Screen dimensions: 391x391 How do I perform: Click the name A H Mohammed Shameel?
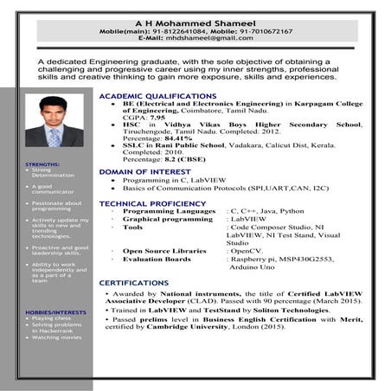[195, 22]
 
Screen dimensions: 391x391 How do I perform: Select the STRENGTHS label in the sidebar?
[42, 164]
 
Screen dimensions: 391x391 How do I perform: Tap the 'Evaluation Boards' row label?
[157, 259]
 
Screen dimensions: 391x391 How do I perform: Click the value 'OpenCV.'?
[245, 250]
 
